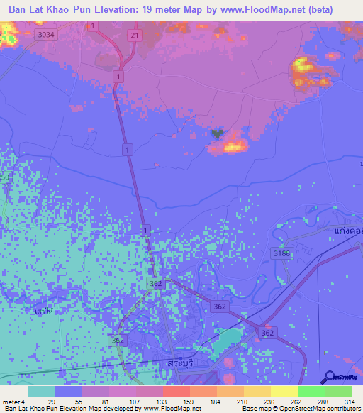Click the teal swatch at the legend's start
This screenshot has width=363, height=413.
click(x=42, y=391)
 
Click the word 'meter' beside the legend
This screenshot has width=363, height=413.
click(x=11, y=402)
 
